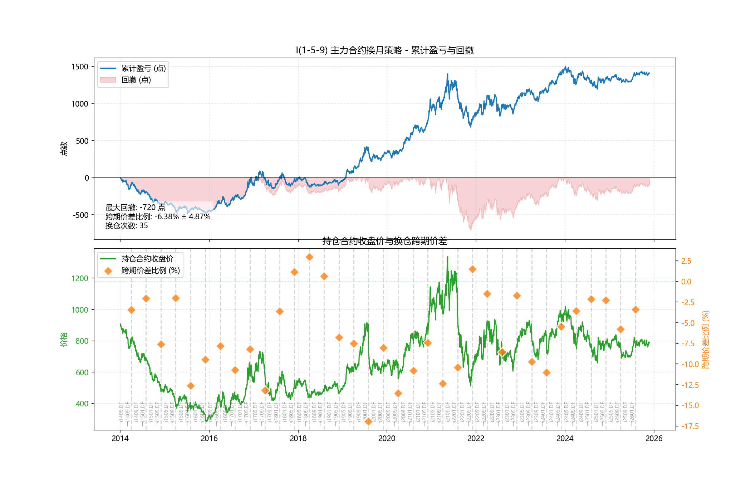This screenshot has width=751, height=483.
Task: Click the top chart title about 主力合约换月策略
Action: [384, 50]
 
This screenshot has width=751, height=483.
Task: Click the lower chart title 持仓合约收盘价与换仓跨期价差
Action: [384, 241]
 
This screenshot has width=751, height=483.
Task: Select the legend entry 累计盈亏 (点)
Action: [143, 68]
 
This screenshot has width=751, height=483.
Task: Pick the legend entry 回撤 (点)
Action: [136, 80]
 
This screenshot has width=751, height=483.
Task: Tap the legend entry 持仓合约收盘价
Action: [147, 259]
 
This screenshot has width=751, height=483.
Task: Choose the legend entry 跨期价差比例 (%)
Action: [151, 270]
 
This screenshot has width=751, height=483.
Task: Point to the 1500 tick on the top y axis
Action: [79, 67]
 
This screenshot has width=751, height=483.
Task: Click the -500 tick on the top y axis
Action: [80, 215]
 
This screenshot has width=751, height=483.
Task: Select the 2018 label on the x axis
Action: [298, 439]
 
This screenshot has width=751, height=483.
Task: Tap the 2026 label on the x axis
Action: [654, 439]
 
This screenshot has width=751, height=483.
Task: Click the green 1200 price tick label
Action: [79, 278]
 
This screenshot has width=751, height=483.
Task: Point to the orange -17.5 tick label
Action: [690, 426]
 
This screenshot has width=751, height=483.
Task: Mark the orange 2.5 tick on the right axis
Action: [686, 261]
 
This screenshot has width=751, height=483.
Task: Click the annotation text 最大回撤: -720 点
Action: [135, 208]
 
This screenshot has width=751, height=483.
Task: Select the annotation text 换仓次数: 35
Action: [127, 226]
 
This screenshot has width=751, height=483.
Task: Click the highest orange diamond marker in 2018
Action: [309, 257]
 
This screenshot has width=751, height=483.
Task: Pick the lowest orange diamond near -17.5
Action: [368, 421]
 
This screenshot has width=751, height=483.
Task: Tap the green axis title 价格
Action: [64, 339]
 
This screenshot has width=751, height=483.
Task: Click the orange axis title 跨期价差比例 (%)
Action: [705, 339]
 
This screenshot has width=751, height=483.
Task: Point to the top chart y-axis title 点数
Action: [64, 148]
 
